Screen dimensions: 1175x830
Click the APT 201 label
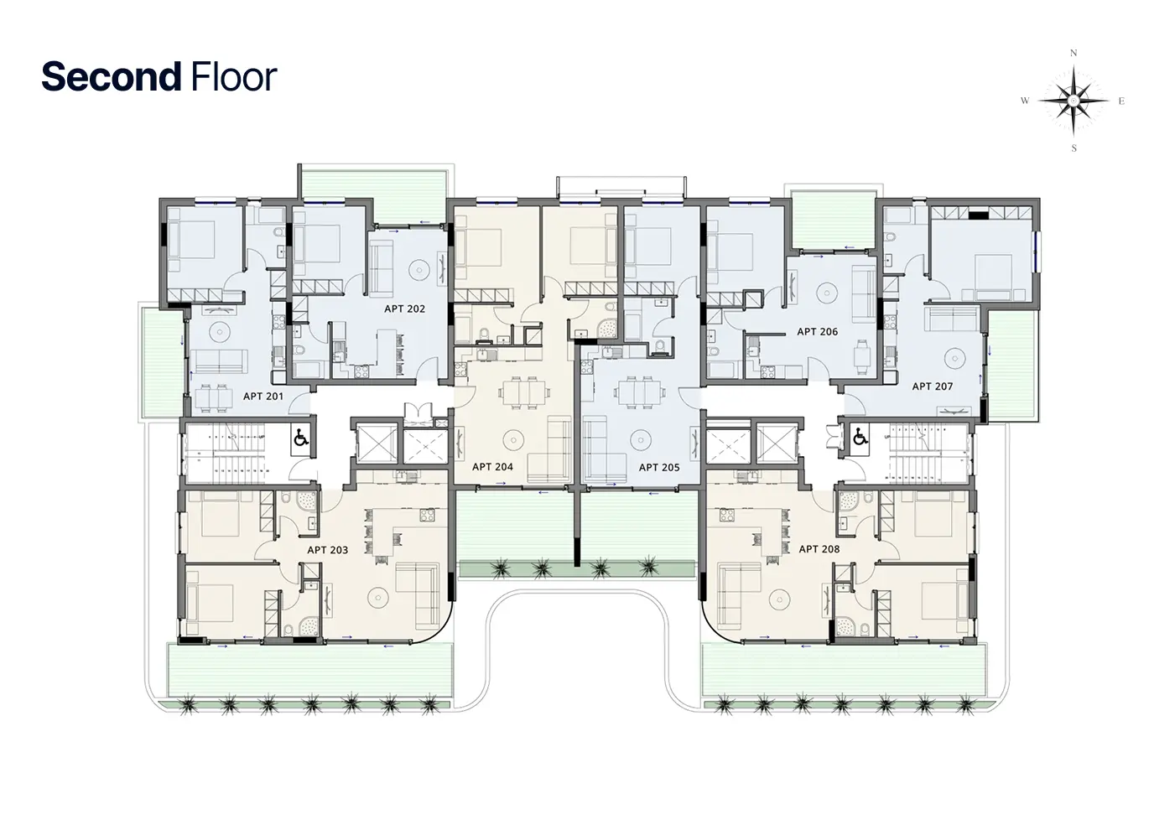[x=263, y=397]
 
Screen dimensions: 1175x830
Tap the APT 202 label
[x=404, y=309]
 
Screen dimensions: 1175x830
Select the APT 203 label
[x=327, y=550]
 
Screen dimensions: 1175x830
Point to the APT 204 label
[x=492, y=467]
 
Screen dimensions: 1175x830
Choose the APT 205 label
[x=659, y=467]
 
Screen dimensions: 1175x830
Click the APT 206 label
[x=817, y=331]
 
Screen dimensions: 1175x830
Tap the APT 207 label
[x=932, y=386]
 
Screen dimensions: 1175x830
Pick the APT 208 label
[x=819, y=549]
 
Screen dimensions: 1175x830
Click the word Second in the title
[x=112, y=76]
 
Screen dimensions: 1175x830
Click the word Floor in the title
[x=234, y=76]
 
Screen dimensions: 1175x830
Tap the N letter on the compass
[x=1074, y=53]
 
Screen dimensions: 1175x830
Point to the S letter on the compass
[x=1074, y=148]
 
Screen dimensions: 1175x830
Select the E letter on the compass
[x=1121, y=101]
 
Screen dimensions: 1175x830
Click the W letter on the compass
[x=1025, y=101]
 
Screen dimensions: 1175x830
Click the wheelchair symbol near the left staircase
[x=301, y=438]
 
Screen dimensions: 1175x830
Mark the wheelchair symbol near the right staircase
[x=860, y=436]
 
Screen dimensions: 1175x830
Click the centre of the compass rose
[x=1074, y=101]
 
